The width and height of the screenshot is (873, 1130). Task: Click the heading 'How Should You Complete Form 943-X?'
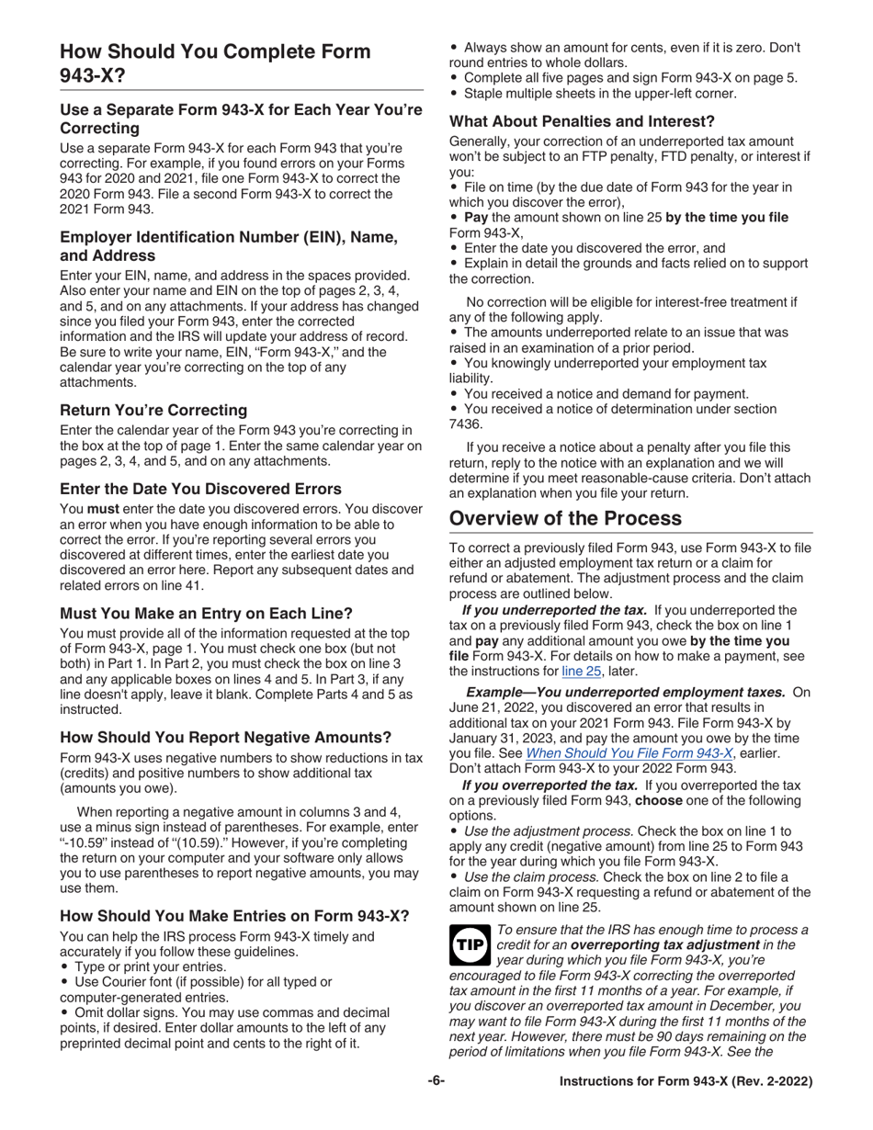(x=215, y=63)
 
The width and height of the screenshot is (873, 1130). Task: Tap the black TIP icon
(x=469, y=941)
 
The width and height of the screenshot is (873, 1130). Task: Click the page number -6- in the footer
(x=436, y=1081)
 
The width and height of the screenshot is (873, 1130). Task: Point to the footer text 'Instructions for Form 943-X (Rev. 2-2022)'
(x=686, y=1082)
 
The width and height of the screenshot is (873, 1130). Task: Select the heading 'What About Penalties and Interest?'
(x=582, y=120)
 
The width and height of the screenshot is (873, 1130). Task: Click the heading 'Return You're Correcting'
(x=153, y=410)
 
